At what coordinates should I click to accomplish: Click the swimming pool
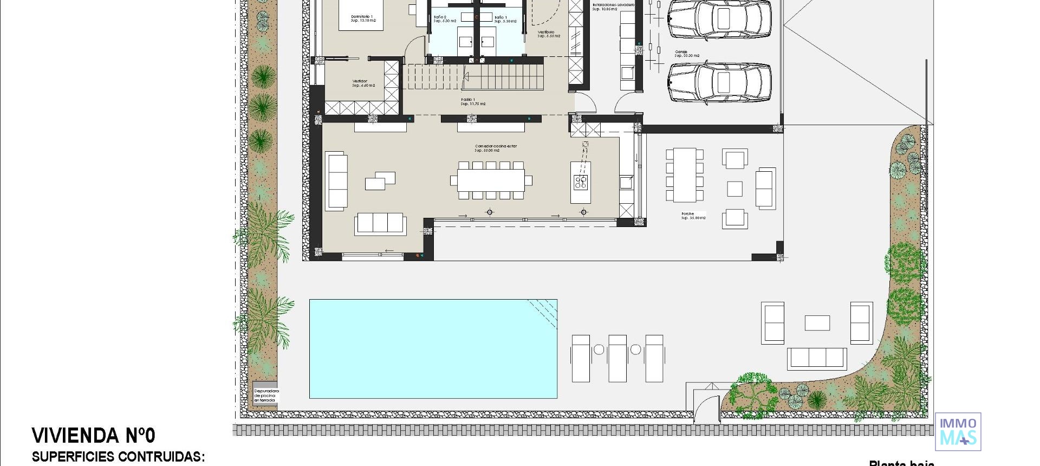tap(433, 348)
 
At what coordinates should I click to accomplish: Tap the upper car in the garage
tap(719, 19)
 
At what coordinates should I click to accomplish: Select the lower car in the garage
tap(719, 82)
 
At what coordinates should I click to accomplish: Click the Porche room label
tap(693, 216)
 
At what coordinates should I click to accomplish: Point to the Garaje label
tap(686, 54)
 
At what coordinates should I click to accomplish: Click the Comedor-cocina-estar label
tap(496, 148)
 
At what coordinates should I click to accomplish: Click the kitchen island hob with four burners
tap(581, 182)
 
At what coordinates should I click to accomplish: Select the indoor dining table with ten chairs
tap(491, 180)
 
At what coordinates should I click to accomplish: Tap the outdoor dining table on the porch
tap(685, 174)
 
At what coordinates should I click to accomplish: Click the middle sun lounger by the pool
tap(617, 358)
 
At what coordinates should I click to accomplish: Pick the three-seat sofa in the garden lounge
tap(816, 358)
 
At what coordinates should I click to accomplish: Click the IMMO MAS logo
tap(958, 431)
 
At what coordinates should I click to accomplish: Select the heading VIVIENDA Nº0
tap(94, 436)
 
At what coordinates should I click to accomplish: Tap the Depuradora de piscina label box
tap(265, 396)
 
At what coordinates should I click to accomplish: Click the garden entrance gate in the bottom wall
tap(707, 410)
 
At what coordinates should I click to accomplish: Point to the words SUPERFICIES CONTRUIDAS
tap(118, 457)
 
